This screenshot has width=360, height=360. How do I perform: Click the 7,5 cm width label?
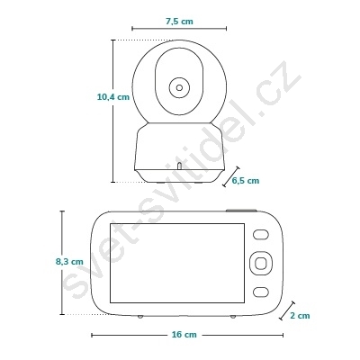tap(179, 22)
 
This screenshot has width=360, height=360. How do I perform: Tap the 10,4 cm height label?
tap(113, 97)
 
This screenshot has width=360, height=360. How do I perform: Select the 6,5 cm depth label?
tap(246, 180)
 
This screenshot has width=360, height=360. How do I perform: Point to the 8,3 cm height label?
tap(69, 261)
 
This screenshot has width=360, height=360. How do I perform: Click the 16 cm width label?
tap(184, 334)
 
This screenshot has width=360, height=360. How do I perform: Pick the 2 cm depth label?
tap(300, 315)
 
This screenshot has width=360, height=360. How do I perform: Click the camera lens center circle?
tap(179, 87)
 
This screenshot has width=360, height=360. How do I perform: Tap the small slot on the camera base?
tap(179, 166)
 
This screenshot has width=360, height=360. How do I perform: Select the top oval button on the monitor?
tap(261, 235)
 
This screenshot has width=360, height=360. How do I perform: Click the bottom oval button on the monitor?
tap(261, 292)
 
